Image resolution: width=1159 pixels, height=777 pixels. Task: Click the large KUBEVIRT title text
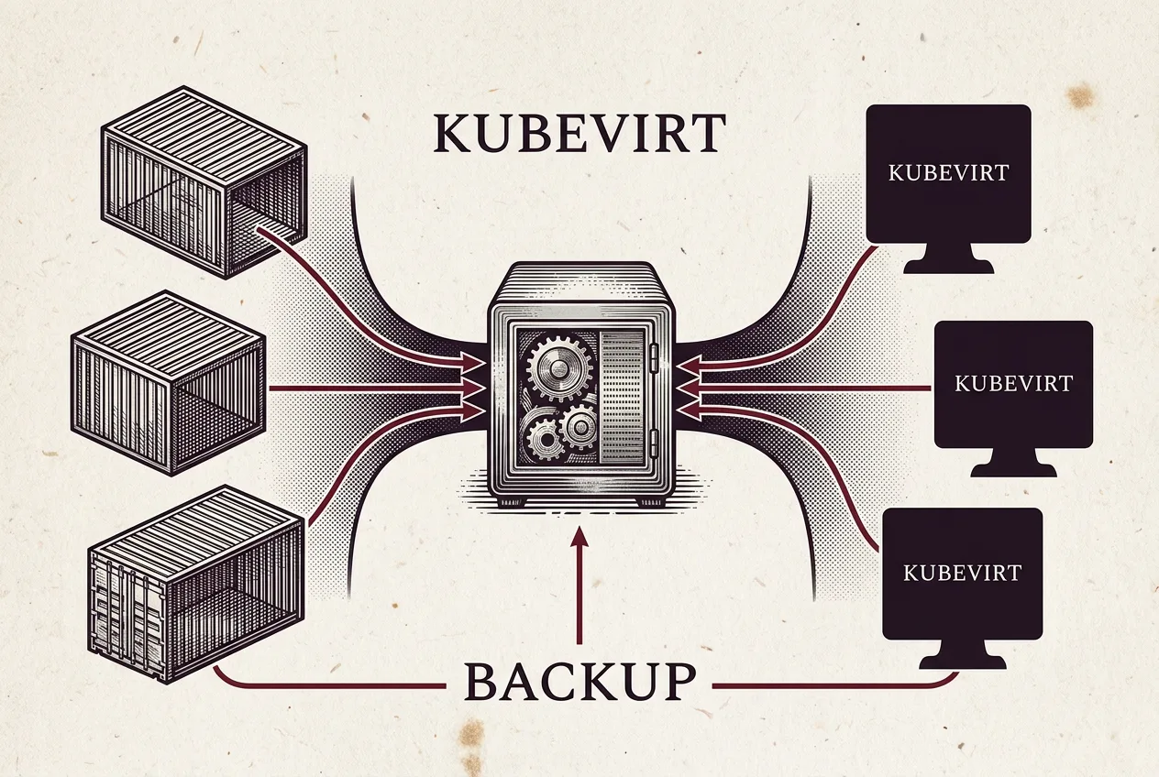(579, 133)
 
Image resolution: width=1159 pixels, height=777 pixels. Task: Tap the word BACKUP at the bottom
(579, 682)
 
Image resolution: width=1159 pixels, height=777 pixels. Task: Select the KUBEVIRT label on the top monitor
(948, 173)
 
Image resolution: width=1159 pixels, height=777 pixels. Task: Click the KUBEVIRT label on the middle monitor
(1013, 384)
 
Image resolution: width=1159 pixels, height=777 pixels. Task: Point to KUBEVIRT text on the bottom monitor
(963, 573)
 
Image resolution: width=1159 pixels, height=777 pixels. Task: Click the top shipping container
(204, 182)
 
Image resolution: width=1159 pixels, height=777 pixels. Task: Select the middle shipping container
(168, 383)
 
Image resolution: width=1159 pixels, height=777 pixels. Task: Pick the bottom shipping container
(195, 585)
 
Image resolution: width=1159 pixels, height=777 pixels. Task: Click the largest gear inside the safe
(557, 367)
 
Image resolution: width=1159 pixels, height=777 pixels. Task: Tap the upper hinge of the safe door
(654, 357)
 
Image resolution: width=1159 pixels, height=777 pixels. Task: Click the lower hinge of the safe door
(654, 443)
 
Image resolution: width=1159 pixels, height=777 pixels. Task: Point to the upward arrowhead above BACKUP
(579, 537)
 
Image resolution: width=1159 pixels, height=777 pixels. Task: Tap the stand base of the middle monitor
(1013, 464)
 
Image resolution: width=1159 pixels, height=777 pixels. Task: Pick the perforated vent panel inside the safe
(622, 397)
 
